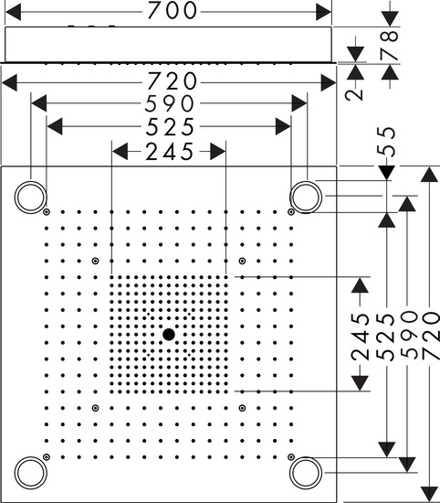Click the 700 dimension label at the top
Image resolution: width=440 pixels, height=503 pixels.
point(172,10)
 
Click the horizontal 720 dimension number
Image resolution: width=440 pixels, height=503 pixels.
point(172,81)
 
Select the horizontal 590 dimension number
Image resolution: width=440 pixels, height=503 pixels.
point(170,103)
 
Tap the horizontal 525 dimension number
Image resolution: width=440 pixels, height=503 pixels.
point(170,127)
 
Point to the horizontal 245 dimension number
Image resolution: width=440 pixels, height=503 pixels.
point(170,152)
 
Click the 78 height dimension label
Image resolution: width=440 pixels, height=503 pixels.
point(390,45)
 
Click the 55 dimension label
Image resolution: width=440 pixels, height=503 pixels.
point(386,142)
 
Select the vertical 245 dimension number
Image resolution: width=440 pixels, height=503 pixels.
point(360,337)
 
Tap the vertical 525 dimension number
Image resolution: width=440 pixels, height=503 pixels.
point(385,337)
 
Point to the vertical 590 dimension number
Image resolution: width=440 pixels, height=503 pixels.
point(409,336)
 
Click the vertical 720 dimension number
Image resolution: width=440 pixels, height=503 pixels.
point(429,336)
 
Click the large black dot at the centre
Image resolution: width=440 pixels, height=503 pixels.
point(169,335)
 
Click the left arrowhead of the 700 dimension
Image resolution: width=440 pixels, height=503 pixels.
point(14,12)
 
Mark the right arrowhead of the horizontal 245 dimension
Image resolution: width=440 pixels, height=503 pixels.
point(218,152)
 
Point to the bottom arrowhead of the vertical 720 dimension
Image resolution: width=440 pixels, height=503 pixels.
point(429,494)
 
